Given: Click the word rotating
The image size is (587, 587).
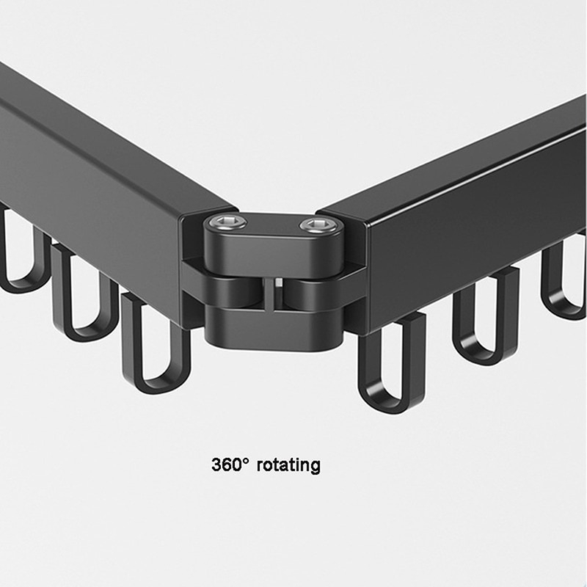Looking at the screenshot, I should coord(288,465).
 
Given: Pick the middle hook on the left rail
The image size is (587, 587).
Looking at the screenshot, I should coord(82,293).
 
